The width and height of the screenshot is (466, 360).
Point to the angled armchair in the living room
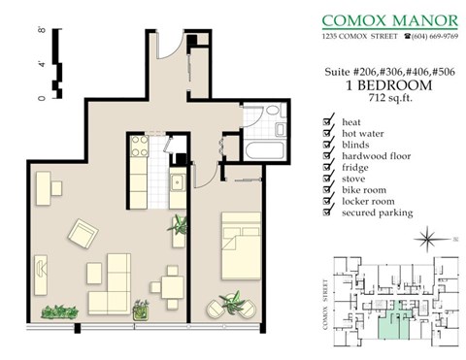point(83,233)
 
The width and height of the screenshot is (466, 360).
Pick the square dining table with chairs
point(171,284)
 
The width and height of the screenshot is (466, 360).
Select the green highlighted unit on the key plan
point(391,325)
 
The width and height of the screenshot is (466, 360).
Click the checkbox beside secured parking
point(327,213)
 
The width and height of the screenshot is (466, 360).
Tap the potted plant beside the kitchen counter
point(180,227)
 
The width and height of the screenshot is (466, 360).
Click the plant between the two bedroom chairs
point(233,304)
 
